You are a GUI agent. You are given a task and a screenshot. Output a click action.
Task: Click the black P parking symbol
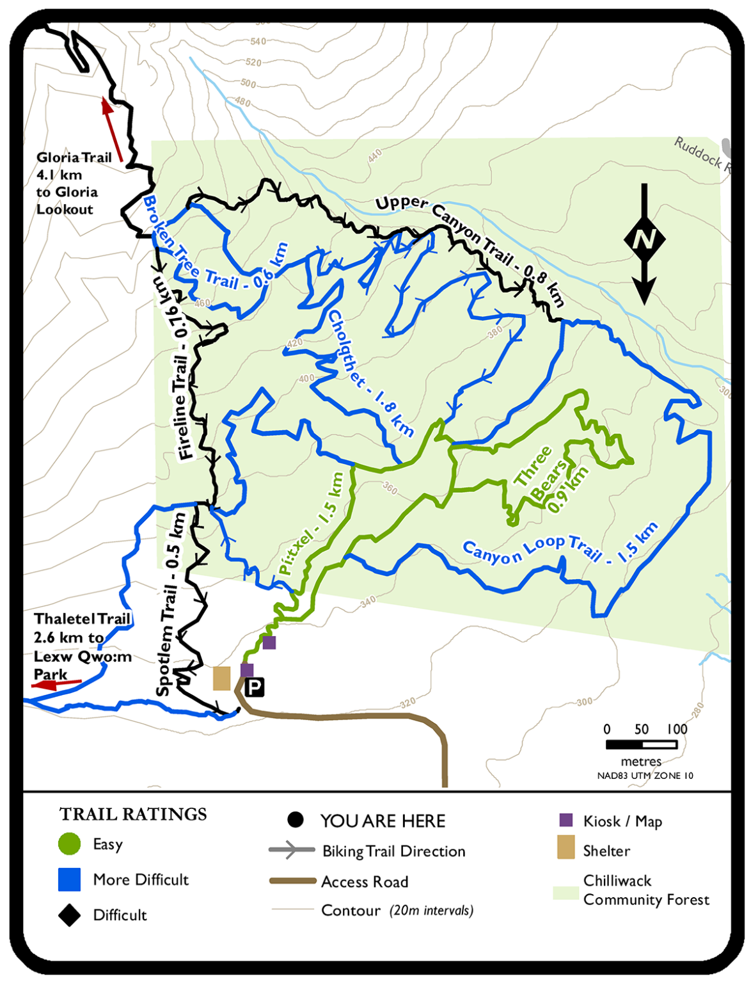255,688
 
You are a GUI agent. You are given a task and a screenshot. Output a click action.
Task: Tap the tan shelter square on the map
221,678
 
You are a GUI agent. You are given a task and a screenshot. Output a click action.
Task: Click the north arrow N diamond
644,239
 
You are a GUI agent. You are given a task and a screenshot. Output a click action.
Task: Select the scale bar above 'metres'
641,744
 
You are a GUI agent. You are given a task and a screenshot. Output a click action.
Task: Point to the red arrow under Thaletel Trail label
56,684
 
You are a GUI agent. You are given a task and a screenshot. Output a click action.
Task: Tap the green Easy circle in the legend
69,844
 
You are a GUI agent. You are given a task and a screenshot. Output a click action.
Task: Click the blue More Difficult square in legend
69,879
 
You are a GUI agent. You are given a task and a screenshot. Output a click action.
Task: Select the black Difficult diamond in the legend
69,915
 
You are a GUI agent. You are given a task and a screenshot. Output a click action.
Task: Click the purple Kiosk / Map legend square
565,820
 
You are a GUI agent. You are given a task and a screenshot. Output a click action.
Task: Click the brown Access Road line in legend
293,881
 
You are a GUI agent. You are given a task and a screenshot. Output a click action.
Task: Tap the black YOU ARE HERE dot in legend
295,820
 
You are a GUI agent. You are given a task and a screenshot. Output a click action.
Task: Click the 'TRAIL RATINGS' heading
133,814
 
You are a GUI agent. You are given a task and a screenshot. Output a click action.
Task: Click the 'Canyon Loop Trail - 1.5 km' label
560,547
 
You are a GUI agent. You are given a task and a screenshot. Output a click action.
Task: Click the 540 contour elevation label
258,42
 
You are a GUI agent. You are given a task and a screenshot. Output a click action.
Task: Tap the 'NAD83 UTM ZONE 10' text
645,776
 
